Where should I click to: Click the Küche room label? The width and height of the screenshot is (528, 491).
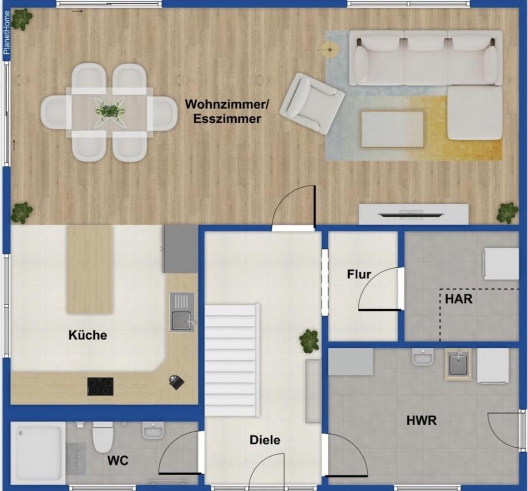pos(87,335)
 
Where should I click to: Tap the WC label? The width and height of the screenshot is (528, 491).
pos(118,461)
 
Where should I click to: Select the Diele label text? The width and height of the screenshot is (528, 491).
pos(265,440)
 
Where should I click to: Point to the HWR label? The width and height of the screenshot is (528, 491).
pos(421,421)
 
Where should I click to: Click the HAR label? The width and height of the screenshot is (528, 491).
pos(459,299)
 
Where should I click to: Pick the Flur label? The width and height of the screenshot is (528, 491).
pos(359,275)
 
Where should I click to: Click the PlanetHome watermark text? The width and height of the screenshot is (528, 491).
pos(6,33)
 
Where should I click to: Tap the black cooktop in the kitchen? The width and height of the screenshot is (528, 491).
pos(100,386)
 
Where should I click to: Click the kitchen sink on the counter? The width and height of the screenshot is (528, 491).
pos(182,312)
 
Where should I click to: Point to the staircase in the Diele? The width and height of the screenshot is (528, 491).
pos(232,360)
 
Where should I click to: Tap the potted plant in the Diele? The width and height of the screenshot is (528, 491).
pos(309,341)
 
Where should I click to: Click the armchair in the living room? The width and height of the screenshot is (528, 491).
pos(312,104)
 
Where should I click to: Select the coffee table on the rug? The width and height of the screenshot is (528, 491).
pos(392,130)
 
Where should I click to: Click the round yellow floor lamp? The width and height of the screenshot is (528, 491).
pos(330,50)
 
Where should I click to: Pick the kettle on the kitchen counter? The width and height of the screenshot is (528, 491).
pos(177,382)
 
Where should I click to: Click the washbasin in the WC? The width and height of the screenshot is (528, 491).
pos(153,431)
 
